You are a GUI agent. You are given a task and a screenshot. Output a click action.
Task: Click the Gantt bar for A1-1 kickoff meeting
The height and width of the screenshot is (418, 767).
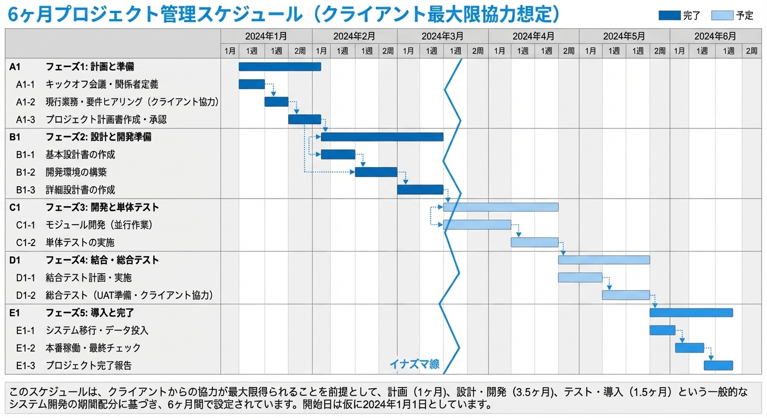[251, 84]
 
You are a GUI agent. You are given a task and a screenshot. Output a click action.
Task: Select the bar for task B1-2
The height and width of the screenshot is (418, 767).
[376, 172]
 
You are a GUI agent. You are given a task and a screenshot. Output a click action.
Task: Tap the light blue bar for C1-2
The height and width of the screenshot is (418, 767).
[534, 242]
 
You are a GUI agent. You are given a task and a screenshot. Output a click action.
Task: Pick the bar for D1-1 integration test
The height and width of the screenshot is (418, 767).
[580, 278]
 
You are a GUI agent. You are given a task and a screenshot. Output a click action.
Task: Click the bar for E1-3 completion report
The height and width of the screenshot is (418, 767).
[718, 365]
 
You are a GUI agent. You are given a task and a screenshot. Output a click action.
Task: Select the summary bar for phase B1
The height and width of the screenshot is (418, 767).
[382, 137]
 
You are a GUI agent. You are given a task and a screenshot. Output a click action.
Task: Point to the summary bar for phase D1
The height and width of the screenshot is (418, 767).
[604, 260]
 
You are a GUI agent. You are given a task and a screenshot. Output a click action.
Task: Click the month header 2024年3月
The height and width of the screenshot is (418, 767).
[442, 36]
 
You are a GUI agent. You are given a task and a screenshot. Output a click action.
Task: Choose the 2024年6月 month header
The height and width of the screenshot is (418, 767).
[715, 36]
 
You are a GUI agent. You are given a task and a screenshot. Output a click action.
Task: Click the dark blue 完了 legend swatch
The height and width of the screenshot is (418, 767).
[669, 16]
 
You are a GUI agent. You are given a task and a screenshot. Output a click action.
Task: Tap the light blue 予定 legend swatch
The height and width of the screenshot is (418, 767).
[722, 16]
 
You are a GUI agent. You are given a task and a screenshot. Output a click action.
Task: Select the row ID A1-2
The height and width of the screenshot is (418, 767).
[25, 102]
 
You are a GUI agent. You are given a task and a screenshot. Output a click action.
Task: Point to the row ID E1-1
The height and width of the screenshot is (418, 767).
[25, 330]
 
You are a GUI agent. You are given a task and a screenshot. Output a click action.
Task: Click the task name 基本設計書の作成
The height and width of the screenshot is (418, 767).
[81, 155]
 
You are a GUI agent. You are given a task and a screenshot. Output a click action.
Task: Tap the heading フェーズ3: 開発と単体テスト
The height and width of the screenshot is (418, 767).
[102, 207]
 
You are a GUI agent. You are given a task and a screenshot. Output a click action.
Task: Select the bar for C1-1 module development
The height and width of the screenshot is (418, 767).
[477, 225]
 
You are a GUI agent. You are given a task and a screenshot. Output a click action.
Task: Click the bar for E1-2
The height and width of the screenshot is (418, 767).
[689, 348]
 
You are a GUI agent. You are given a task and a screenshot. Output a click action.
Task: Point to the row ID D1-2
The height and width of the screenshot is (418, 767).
[25, 295]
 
